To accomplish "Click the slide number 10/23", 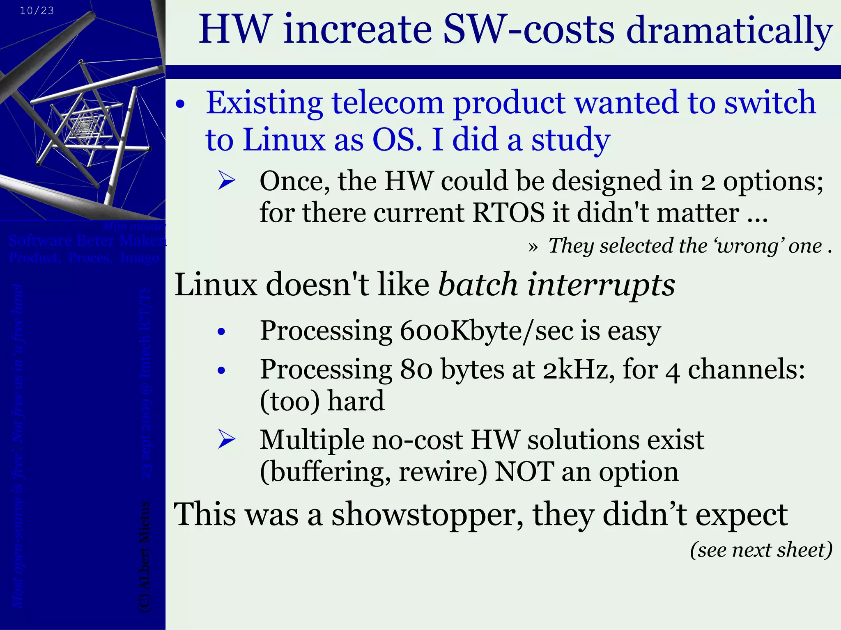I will [x=37, y=11].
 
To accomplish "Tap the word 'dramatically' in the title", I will [x=729, y=31].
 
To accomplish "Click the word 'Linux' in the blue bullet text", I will [x=284, y=140].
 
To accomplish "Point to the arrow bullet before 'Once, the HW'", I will [x=227, y=181].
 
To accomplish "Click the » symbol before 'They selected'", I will [x=533, y=247].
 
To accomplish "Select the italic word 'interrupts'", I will [x=601, y=285].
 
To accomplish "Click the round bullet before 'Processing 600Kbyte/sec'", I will [x=222, y=331].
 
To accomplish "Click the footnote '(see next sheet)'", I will [x=761, y=550].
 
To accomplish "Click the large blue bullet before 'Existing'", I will [x=180, y=105].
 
